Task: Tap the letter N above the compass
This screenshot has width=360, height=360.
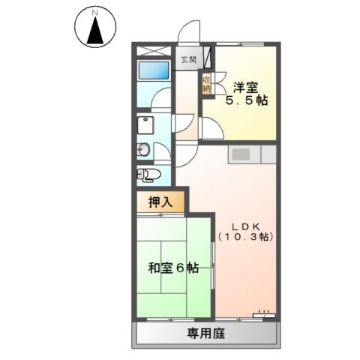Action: pos(94,13)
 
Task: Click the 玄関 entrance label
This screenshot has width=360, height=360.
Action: pos(187,59)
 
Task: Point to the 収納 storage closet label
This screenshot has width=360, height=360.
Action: pos(205,82)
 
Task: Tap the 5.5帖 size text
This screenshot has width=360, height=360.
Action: pos(247,100)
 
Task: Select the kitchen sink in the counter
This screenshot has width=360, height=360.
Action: pos(241,154)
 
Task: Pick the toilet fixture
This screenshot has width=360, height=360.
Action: pos(148,175)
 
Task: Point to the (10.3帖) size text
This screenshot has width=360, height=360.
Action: pos(245,237)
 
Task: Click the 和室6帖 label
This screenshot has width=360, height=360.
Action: pos(172,268)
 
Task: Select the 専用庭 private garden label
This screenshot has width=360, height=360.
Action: pos(206,332)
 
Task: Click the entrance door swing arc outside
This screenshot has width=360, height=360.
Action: pos(188,34)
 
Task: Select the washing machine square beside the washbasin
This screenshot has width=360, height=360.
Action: pos(145,124)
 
